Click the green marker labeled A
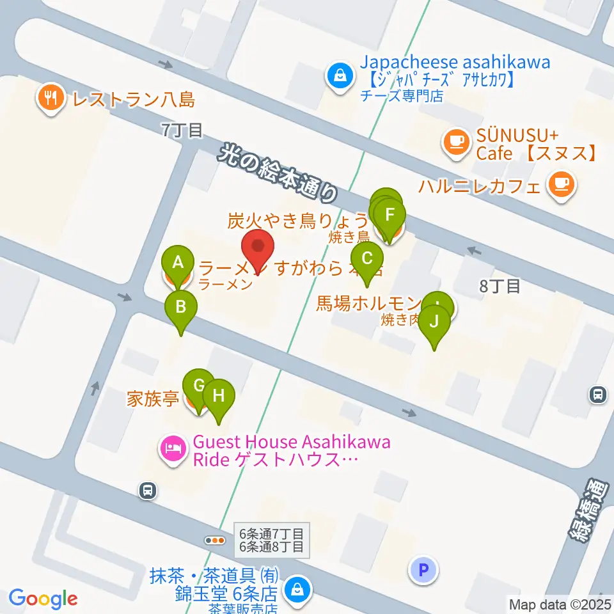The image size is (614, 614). coord(178,261)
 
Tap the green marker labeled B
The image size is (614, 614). coord(181,306)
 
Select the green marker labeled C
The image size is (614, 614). coord(367,258)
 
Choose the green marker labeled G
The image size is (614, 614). coord(198,385)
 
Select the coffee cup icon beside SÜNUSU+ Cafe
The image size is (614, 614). coord(456,140)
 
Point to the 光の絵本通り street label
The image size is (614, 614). coord(278,172)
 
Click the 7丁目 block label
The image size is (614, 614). coord(182,130)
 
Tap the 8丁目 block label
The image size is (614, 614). coord(500,287)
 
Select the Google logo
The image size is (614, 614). coord(43,599)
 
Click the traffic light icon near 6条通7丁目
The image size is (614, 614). coord(214,540)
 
